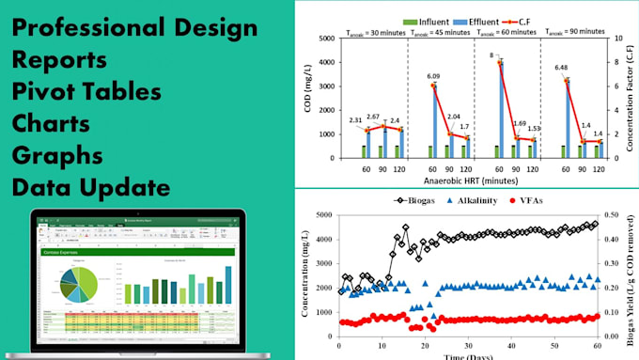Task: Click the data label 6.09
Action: (x=434, y=76)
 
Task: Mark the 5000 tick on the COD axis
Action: (x=324, y=39)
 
